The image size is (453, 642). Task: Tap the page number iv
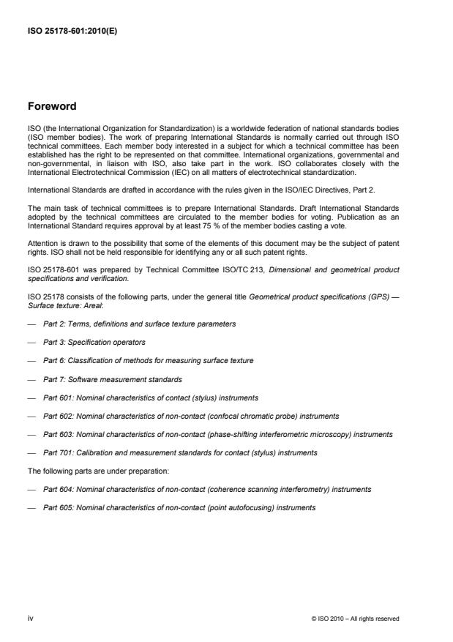pyautogui.click(x=30, y=618)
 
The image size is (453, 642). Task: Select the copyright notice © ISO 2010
pyautogui.click(x=355, y=619)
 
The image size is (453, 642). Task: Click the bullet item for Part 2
pyautogui.click(x=139, y=324)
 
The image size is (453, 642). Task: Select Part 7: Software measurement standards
pyautogui.click(x=113, y=379)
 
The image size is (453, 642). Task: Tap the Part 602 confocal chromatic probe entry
pyautogui.click(x=191, y=416)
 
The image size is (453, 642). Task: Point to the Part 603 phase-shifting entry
pyautogui.click(x=217, y=434)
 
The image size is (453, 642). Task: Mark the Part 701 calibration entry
pyautogui.click(x=180, y=453)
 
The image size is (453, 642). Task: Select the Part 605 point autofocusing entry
pyautogui.click(x=179, y=507)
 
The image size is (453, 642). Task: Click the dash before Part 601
pyautogui.click(x=32, y=397)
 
